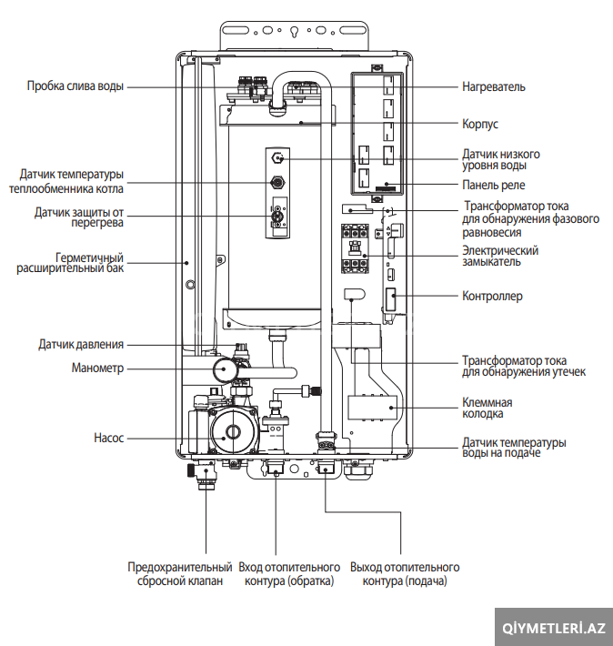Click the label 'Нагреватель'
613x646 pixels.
coord(494,87)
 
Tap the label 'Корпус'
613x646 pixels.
coord(480,124)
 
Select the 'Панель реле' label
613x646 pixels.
coord(494,185)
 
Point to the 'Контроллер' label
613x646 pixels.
coord(492,296)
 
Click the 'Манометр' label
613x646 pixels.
coord(97,368)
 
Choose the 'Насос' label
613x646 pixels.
coord(109,438)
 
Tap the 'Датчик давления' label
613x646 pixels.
coord(81,344)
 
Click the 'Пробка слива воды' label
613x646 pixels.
coord(75,86)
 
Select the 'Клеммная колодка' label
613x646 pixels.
coord(487,408)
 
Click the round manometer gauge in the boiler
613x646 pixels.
coord(225,369)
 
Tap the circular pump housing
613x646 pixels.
coord(234,432)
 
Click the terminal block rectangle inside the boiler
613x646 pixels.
coord(373,408)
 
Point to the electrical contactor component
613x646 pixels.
coord(355,248)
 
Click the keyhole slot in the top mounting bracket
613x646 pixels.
coord(294,32)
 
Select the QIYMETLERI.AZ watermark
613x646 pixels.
coord(554,629)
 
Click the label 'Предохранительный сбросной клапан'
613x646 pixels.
coord(179,574)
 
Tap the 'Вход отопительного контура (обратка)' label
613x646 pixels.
coord(289,574)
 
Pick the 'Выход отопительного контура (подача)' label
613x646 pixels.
coord(405,574)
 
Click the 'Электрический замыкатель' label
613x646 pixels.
coord(500,256)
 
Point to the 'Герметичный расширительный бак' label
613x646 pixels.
coord(70,263)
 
